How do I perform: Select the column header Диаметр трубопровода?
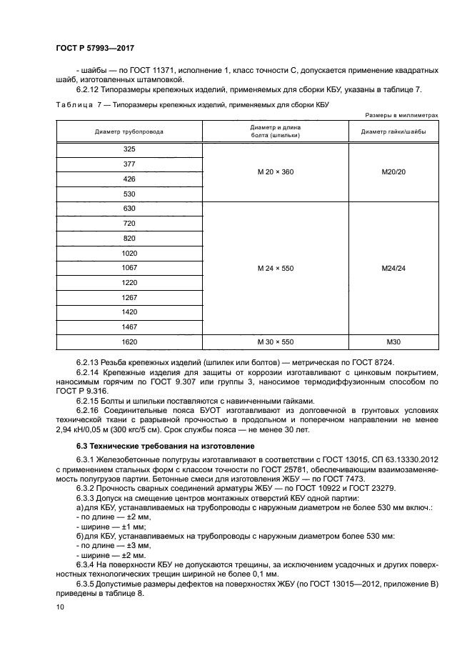coord(129,132)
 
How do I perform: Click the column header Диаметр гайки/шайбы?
coord(393,132)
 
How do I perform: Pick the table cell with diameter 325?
coord(129,149)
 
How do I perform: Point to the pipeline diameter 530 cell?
coord(129,194)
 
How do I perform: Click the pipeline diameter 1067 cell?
coord(129,268)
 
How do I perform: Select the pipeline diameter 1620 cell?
coord(129,342)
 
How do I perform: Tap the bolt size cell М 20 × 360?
coord(276,172)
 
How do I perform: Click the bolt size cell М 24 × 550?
coord(276,269)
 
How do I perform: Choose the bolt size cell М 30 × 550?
coord(276,342)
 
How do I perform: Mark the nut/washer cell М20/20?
coord(393,172)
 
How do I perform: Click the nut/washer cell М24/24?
coord(393,269)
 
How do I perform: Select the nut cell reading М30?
coord(393,342)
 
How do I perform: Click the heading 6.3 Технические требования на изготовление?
coord(156,447)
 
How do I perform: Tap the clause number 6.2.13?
coord(88,363)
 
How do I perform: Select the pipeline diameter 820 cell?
coord(129,239)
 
